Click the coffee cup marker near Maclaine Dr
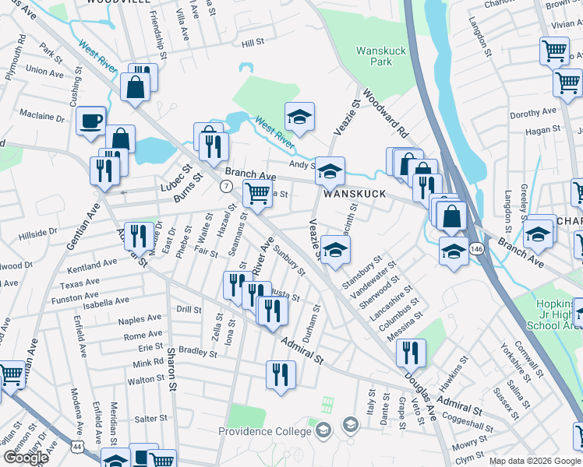coord(91,121)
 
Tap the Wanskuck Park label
coord(373,56)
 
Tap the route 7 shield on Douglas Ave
coord(225,186)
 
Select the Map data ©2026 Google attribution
coord(535,462)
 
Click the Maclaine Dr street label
coord(42,118)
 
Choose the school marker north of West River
coord(299,117)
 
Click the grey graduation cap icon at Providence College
coord(350,425)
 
